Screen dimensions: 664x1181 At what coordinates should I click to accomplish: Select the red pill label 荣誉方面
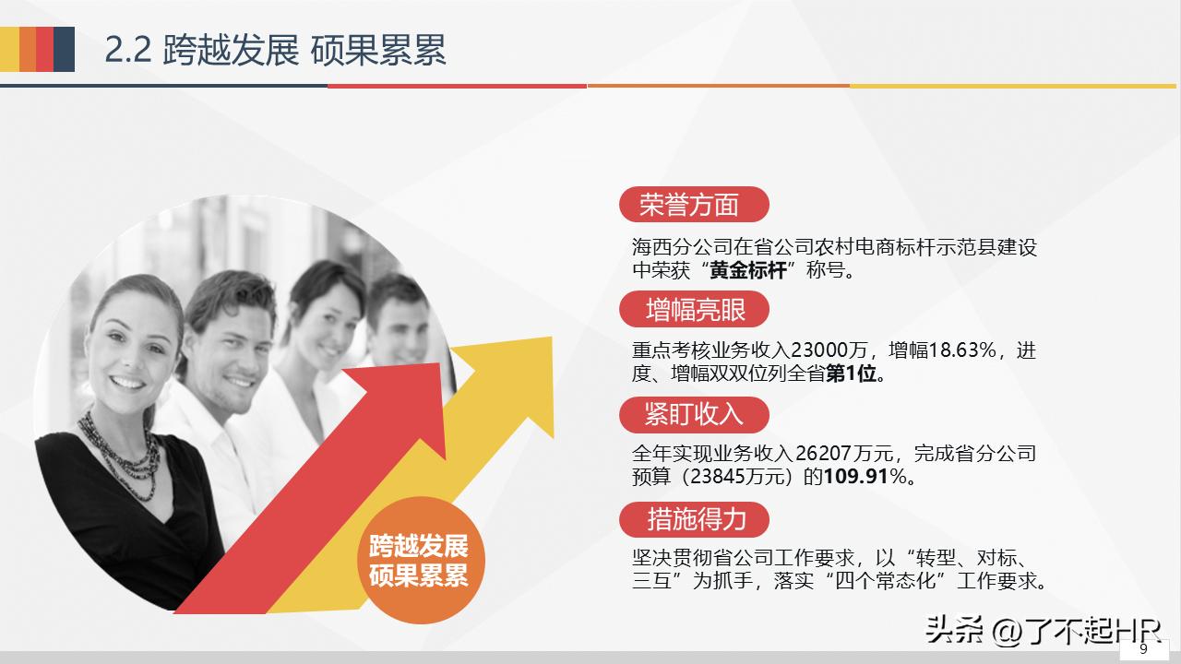692,205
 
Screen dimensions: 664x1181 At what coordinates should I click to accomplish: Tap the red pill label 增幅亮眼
694,310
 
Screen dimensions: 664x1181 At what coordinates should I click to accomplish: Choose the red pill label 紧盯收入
693,414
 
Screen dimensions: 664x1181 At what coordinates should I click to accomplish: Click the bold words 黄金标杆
748,271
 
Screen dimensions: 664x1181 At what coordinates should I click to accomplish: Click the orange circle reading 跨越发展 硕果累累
418,560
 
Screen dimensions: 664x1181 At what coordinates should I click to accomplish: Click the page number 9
1144,649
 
